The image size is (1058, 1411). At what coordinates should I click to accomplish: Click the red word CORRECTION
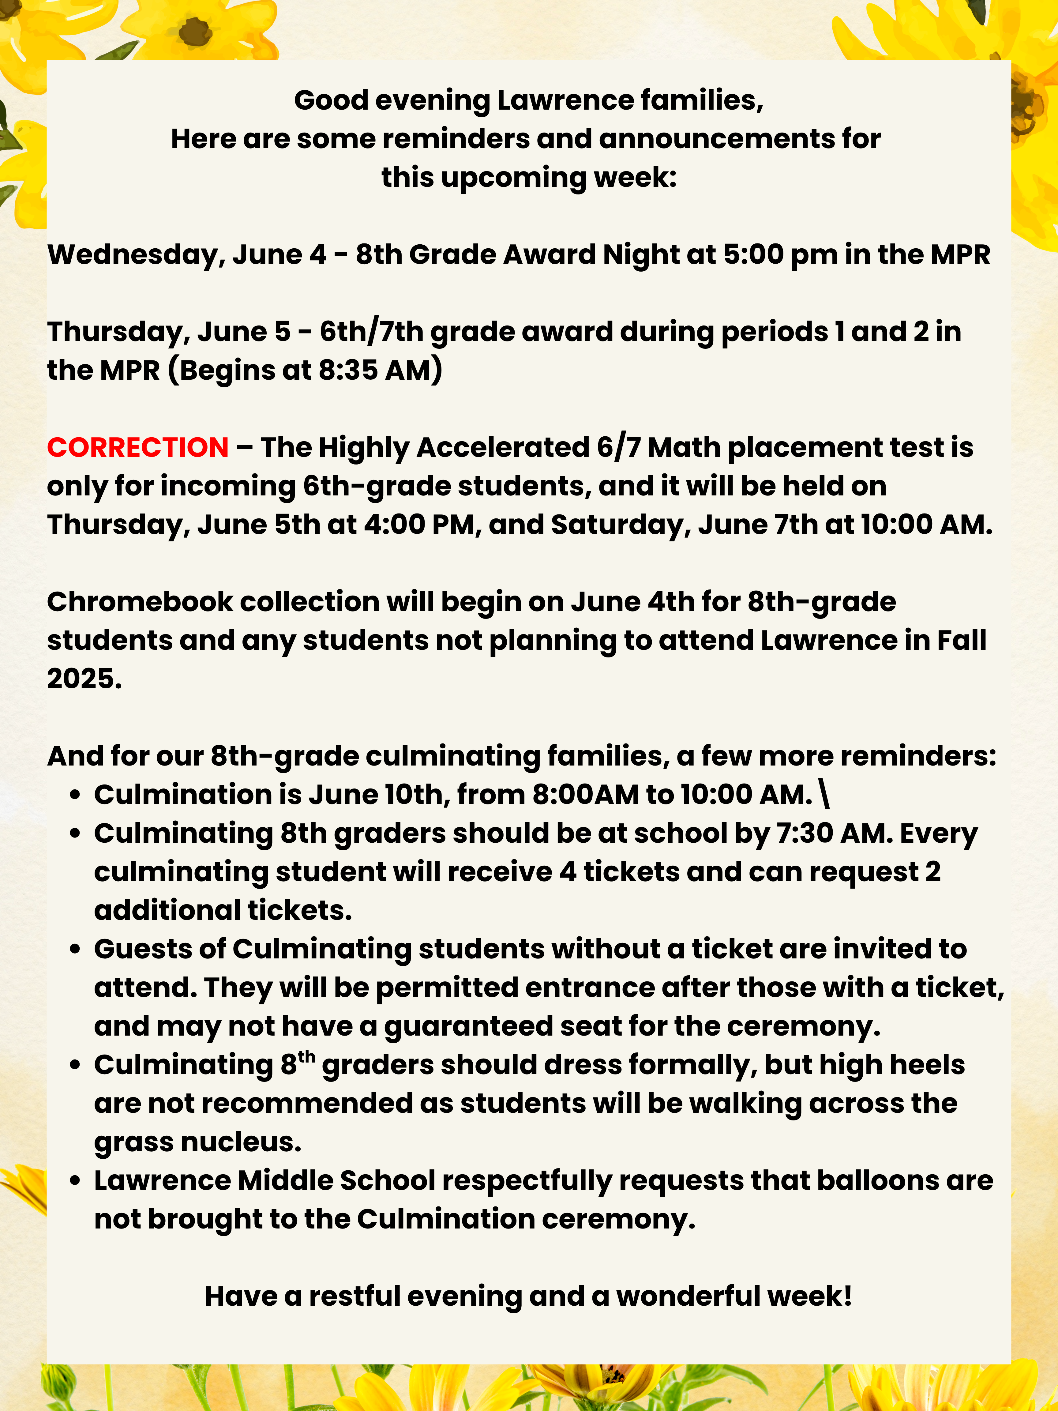coord(138,447)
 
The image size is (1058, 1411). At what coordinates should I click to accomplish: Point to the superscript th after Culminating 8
coord(307,1056)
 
